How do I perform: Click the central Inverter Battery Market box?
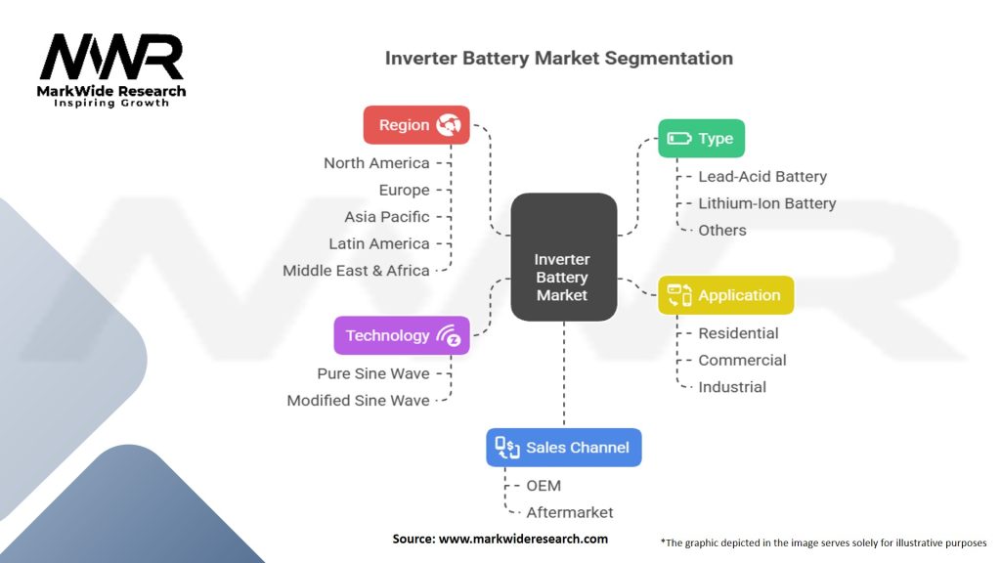[563, 257]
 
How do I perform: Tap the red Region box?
[416, 125]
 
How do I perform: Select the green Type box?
[701, 139]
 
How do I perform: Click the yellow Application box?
[725, 295]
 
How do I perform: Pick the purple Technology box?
[401, 335]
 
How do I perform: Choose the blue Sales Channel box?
[564, 448]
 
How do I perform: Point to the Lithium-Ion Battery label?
[766, 203]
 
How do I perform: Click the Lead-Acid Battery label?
[762, 177]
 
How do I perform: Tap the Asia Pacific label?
[386, 217]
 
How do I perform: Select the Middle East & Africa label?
[356, 270]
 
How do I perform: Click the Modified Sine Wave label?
[358, 401]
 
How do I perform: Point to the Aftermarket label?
[570, 512]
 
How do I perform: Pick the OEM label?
[544, 486]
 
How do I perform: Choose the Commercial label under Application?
[742, 360]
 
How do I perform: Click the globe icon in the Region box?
[449, 125]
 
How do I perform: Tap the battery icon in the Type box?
[679, 139]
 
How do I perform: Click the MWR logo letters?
[111, 58]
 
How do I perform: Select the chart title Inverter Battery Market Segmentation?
[558, 58]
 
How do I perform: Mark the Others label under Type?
[721, 231]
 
